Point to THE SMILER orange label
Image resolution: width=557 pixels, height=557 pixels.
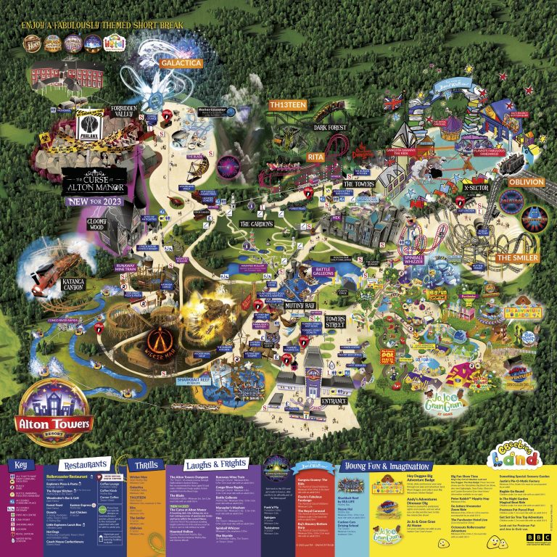click(516, 258)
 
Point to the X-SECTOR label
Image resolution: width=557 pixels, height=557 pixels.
click(476, 187)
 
